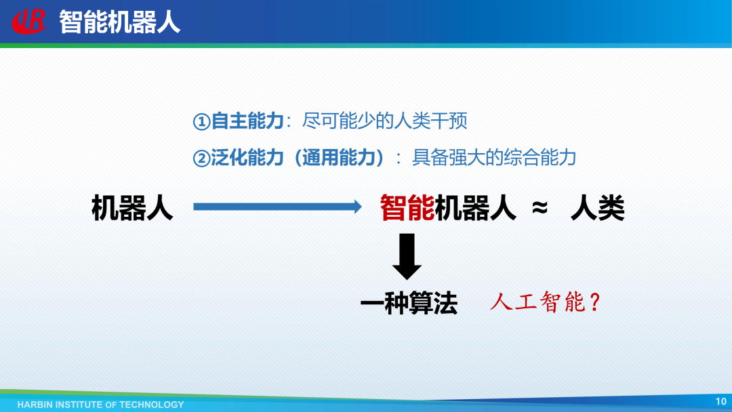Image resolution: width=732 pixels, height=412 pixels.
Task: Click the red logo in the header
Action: point(29,22)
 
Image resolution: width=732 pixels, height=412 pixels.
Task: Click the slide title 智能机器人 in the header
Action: point(119,22)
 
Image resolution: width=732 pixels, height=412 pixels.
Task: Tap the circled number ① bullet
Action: point(201,122)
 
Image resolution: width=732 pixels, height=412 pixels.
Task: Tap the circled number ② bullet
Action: point(201,159)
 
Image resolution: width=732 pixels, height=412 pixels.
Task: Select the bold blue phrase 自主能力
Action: point(247,121)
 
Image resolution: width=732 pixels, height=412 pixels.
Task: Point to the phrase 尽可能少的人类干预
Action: point(385,121)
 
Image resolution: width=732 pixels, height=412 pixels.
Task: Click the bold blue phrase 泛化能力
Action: point(247,158)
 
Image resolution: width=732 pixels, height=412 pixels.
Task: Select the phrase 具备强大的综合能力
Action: point(494,158)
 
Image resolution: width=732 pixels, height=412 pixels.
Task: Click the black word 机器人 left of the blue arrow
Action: point(132,207)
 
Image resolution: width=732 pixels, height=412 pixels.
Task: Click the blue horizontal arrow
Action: point(277,207)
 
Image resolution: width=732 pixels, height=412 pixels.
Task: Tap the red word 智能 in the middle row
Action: point(407,207)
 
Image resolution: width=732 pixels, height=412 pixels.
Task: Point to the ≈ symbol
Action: point(540,208)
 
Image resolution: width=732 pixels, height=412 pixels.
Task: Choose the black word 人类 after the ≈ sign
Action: point(598,207)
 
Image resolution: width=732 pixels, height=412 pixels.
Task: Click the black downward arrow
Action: point(407,257)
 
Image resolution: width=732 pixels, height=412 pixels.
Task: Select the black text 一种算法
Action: point(409,304)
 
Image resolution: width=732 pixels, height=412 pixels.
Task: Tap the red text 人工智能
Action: point(537,302)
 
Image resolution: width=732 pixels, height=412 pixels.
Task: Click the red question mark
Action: point(594,302)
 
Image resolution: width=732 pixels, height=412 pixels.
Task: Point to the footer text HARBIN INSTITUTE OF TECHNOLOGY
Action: point(101,405)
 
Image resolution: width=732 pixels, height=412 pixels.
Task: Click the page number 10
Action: point(720,401)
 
